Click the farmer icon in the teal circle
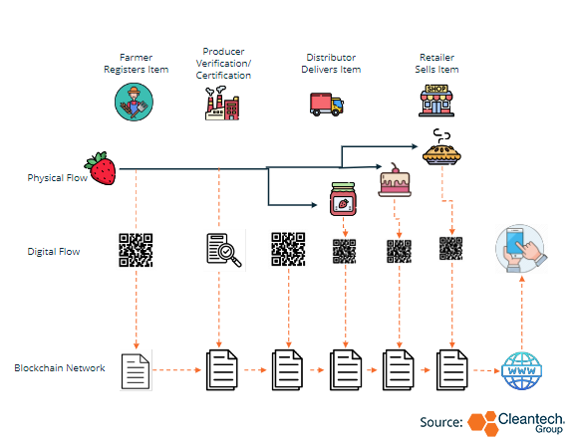[134, 102]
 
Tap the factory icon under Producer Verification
[222, 103]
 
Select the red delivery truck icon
[327, 104]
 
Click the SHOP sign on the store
[436, 89]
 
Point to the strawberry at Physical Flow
[101, 168]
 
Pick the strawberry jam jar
[343, 199]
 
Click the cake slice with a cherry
[395, 180]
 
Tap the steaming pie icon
[441, 147]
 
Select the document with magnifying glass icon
[224, 250]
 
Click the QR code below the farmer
[136, 250]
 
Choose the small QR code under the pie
[450, 249]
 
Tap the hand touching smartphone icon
[521, 249]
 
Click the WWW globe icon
[521, 370]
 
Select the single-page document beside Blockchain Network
[136, 370]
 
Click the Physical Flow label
[57, 178]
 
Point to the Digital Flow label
[54, 252]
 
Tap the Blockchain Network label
[60, 367]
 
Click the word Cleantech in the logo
[530, 418]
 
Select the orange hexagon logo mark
[482, 423]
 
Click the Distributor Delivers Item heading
[331, 64]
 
